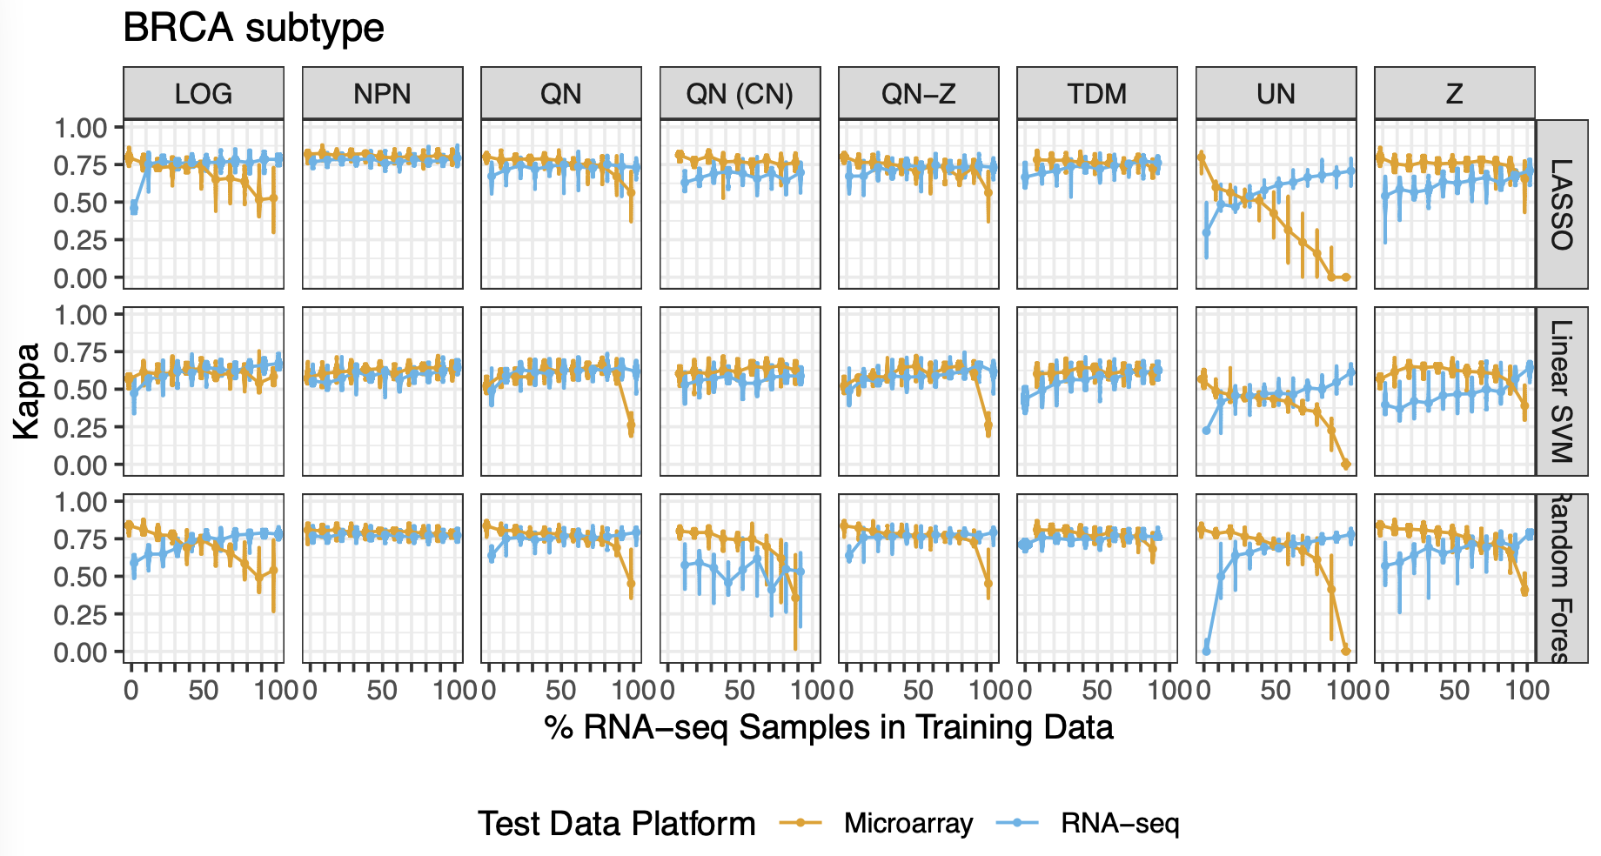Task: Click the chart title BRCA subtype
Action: (253, 28)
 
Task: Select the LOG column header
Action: (203, 94)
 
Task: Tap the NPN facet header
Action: (382, 94)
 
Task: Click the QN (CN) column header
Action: (740, 94)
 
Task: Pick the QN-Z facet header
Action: (918, 94)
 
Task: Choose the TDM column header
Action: (1096, 94)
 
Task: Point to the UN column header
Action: (1276, 94)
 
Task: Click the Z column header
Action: (1454, 94)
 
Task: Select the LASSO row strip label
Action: (1562, 204)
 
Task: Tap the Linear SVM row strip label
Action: (1562, 391)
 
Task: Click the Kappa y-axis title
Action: (27, 391)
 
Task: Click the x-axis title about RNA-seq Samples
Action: (828, 727)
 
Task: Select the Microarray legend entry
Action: (908, 823)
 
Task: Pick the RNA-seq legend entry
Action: (1119, 823)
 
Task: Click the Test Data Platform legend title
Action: (616, 823)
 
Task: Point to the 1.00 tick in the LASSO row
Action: (80, 128)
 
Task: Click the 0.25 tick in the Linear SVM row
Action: (80, 427)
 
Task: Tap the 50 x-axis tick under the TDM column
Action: (1096, 691)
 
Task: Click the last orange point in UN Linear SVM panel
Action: (1346, 465)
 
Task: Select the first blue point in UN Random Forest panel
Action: (1206, 651)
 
